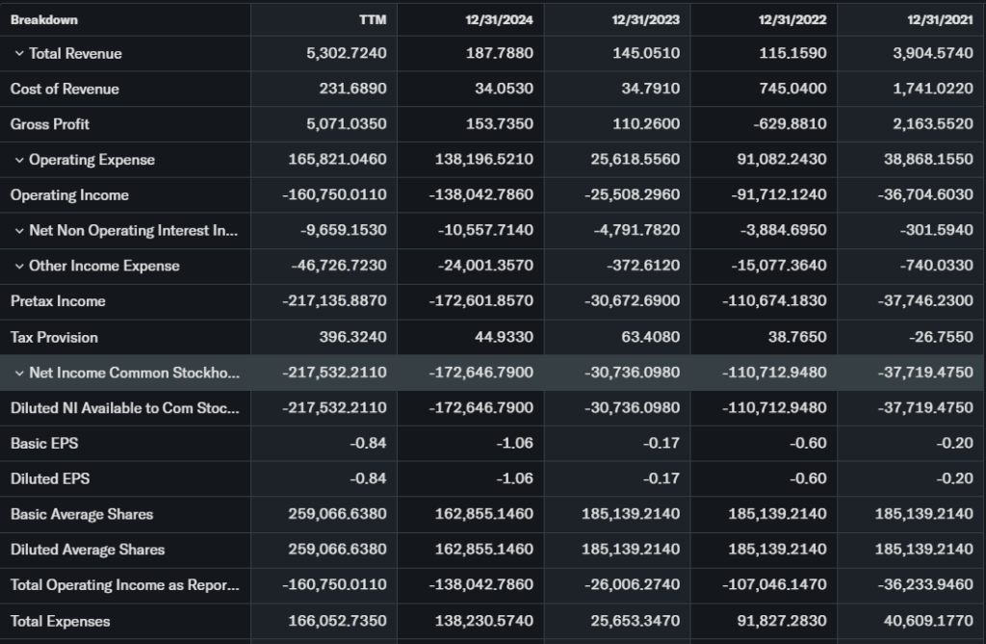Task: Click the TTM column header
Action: [373, 19]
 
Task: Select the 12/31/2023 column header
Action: [646, 19]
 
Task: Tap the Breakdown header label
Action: [44, 19]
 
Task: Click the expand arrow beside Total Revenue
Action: [18, 54]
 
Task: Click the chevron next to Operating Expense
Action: [18, 160]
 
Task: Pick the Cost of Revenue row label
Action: [65, 90]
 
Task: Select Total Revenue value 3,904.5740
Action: [932, 54]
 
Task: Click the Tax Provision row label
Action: [54, 338]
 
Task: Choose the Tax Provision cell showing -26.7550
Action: [942, 338]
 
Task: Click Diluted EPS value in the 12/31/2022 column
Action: [808, 479]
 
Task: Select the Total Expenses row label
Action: [60, 622]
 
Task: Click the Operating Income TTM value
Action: [334, 195]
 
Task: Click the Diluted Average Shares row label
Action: [88, 551]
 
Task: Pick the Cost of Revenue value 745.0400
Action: [791, 90]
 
